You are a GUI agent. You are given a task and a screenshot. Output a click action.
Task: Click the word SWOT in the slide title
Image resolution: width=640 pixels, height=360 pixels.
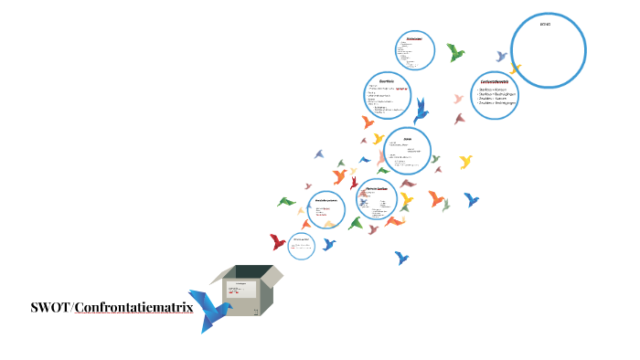click(49, 308)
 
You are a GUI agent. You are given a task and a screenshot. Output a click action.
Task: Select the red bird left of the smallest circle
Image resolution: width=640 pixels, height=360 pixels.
click(277, 242)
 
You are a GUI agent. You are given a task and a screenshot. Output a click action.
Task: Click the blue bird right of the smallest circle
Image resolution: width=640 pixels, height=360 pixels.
click(329, 244)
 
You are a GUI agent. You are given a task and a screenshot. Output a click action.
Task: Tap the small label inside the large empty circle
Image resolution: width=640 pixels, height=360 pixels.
click(546, 24)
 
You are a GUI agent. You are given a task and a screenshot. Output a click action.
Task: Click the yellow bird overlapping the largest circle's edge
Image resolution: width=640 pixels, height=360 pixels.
click(516, 69)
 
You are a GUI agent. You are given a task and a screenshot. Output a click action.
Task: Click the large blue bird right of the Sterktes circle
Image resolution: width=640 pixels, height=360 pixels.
click(421, 111)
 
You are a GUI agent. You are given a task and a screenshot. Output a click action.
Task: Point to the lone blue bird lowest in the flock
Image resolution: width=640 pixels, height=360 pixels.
click(401, 258)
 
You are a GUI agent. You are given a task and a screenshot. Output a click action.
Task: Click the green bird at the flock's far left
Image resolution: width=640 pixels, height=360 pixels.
click(286, 201)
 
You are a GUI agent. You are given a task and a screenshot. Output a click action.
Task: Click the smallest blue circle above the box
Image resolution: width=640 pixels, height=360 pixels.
click(301, 244)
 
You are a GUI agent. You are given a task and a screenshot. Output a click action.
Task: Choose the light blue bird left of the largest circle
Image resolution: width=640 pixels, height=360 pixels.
click(501, 57)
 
